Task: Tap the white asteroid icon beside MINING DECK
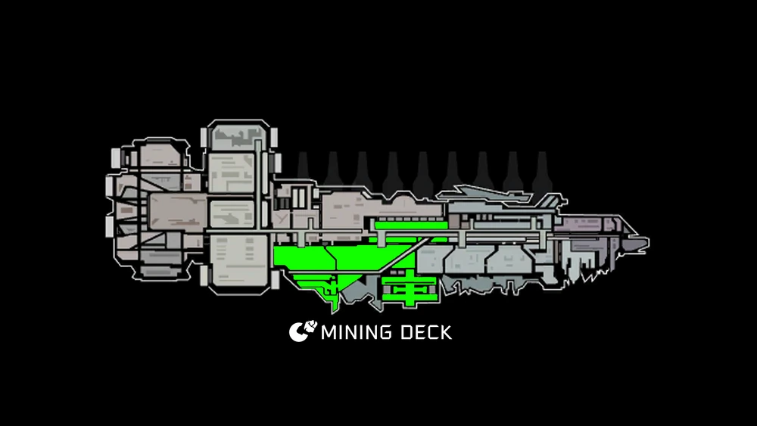pyautogui.click(x=303, y=331)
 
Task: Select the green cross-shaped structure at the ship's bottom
pyautogui.click(x=410, y=288)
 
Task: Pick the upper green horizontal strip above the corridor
pyautogui.click(x=411, y=225)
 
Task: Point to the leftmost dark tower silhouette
pyautogui.click(x=303, y=167)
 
